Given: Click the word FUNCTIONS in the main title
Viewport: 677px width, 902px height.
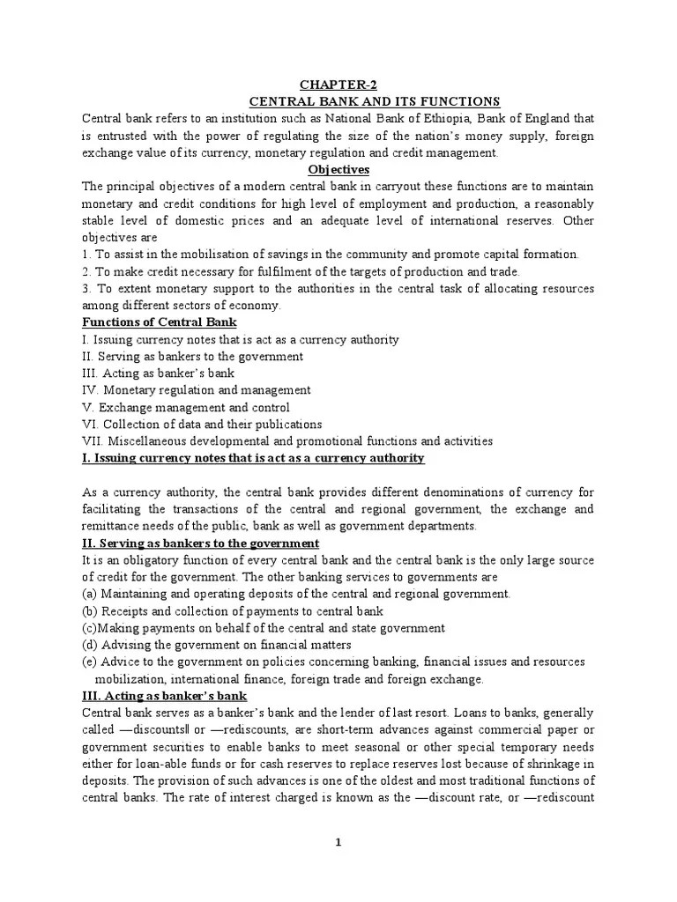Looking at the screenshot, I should pos(458,101).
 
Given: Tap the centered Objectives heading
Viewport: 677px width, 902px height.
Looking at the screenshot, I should pos(338,169).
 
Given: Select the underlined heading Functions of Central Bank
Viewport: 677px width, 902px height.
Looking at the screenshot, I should pos(159,322).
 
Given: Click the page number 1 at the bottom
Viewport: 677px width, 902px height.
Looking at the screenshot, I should pos(338,843).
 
